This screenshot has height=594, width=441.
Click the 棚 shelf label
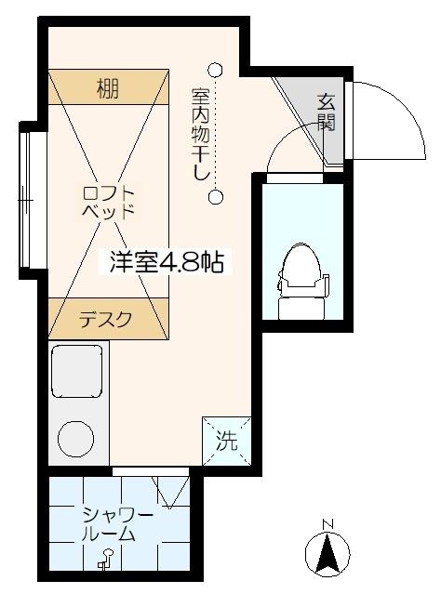pos(107,90)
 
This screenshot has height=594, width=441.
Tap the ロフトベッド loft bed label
pos(109,202)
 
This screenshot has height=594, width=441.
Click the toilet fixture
pos(301,271)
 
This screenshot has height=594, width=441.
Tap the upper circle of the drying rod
pos(216,69)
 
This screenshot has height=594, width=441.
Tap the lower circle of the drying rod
pos(216,197)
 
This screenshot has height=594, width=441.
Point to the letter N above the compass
pos(327,524)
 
